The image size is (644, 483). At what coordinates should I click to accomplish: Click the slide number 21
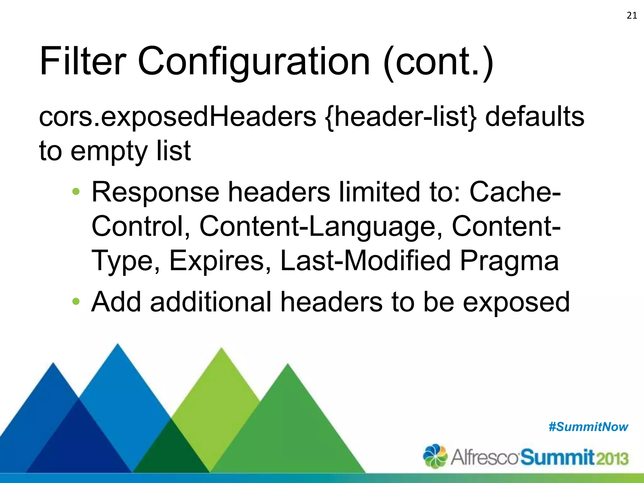[632, 15]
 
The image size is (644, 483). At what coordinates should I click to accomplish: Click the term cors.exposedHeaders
[177, 117]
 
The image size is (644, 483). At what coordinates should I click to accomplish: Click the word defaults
[535, 116]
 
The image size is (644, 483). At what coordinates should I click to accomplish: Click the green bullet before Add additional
[76, 302]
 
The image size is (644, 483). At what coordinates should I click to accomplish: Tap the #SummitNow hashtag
[588, 427]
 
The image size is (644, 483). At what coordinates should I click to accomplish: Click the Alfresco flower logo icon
[435, 456]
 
